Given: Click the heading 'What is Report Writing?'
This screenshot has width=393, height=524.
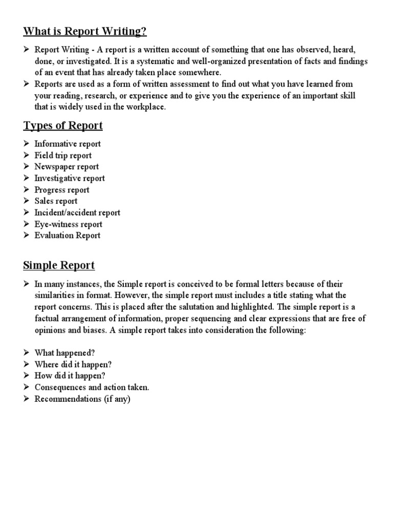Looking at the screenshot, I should pyautogui.click(x=85, y=32).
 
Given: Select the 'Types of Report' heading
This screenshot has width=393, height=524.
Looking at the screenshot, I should pyautogui.click(x=63, y=125).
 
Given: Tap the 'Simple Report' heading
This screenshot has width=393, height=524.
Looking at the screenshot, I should pyautogui.click(x=59, y=266).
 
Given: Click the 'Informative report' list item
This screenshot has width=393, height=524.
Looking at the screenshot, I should pyautogui.click(x=68, y=144).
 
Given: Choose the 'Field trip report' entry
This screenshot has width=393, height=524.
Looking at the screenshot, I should pyautogui.click(x=63, y=155).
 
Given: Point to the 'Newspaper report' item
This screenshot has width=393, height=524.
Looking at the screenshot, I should pyautogui.click(x=67, y=166).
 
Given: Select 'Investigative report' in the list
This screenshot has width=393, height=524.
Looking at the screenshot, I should pyautogui.click(x=70, y=178).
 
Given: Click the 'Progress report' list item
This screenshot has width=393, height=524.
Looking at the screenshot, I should pyautogui.click(x=61, y=190).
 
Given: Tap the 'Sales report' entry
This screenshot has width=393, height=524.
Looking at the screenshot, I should pyautogui.click(x=56, y=201).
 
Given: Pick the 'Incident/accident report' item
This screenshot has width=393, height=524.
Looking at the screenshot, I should pyautogui.click(x=77, y=212).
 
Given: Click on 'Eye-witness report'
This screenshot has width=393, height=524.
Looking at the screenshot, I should pyautogui.click(x=68, y=224).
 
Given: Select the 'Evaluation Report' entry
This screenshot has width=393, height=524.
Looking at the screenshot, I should pyautogui.click(x=67, y=235).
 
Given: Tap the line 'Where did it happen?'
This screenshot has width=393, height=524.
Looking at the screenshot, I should pyautogui.click(x=73, y=364).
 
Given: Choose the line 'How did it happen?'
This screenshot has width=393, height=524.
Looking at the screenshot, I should pyautogui.click(x=69, y=376).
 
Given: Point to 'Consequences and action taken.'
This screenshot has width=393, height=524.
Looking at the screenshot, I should pyautogui.click(x=92, y=387).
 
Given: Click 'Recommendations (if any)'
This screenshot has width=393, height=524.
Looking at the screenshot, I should pyautogui.click(x=82, y=399).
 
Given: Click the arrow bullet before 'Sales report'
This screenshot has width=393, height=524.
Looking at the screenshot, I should pyautogui.click(x=27, y=201).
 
